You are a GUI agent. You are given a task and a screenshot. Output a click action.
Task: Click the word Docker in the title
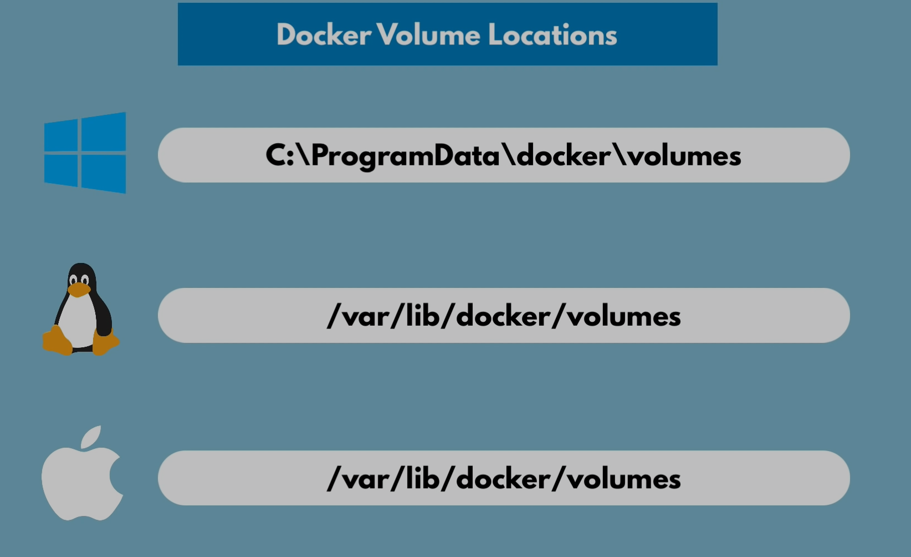coord(324,35)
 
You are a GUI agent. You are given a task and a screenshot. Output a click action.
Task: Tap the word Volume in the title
coord(429,35)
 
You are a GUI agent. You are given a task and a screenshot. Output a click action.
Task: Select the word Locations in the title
coord(552,35)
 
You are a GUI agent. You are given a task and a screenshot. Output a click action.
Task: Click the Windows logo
coord(85,153)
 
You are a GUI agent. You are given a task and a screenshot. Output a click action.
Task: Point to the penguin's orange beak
coord(79,289)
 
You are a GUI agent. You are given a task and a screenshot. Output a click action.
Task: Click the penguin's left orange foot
coord(57,341)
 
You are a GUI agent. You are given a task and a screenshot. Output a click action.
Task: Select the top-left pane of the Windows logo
coord(62,136)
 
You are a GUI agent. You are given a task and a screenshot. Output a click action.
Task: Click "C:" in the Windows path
coord(280,156)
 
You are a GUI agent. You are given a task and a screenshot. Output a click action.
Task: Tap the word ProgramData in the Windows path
coord(405,156)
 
